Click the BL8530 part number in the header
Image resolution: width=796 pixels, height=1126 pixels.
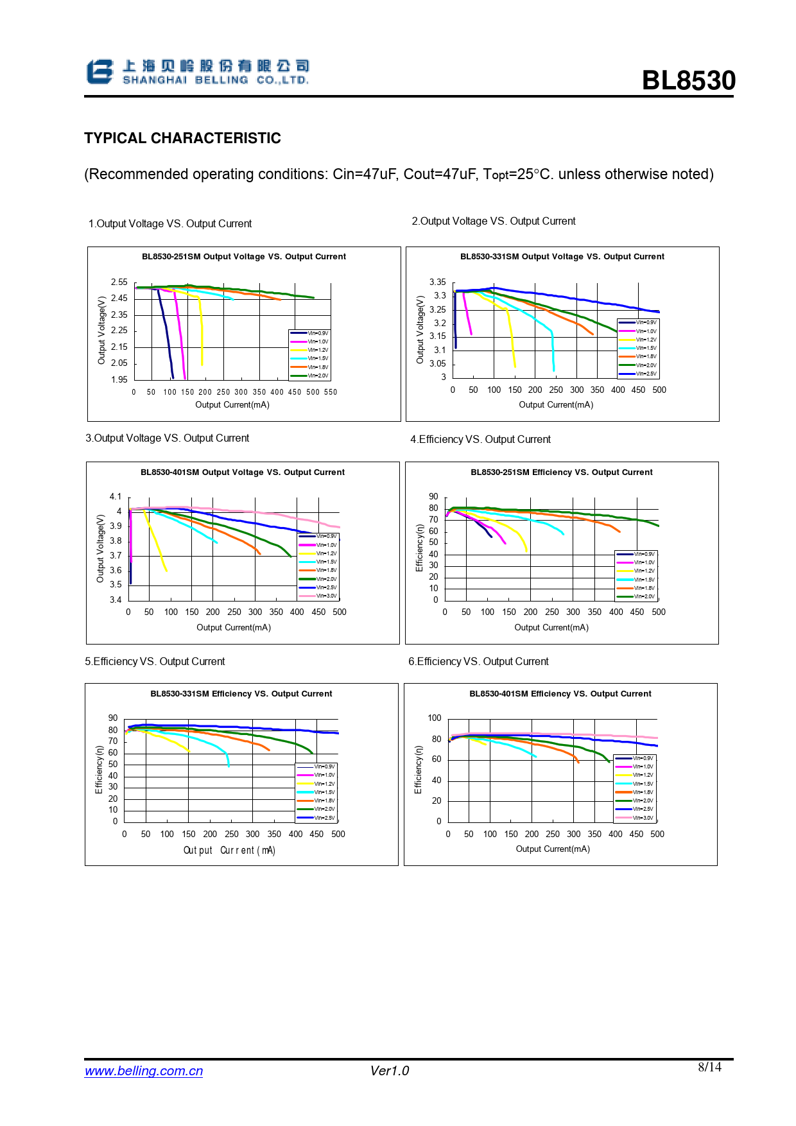click(688, 81)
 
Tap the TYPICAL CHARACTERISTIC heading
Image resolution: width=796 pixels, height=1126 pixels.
click(182, 138)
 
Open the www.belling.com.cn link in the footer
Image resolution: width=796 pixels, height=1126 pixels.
click(144, 1071)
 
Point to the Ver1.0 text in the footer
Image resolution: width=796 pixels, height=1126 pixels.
click(389, 1071)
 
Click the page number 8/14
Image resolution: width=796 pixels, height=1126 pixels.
click(709, 1067)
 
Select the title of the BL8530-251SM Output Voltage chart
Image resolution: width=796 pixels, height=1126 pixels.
click(243, 257)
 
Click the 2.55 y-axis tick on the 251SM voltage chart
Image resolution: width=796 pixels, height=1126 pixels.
click(119, 282)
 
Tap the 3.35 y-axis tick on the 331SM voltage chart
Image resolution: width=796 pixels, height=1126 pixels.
click(437, 282)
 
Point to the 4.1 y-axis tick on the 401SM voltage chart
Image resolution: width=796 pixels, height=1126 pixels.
click(116, 497)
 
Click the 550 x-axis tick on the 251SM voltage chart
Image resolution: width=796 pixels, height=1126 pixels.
click(331, 392)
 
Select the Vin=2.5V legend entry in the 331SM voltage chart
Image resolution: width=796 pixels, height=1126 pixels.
click(646, 374)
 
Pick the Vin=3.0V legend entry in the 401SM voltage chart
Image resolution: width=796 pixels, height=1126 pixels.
click(326, 596)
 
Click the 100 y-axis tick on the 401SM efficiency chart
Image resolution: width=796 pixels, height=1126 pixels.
click(435, 718)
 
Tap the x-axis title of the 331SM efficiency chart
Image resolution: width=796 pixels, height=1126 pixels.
click(229, 851)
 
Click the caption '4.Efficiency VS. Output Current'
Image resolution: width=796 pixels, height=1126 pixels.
click(480, 440)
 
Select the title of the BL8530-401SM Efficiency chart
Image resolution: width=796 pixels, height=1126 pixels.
click(560, 694)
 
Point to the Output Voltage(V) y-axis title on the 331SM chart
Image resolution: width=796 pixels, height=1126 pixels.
click(420, 330)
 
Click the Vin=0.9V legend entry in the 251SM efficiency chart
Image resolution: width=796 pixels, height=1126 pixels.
click(644, 554)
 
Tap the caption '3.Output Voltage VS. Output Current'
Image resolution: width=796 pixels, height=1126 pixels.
click(168, 438)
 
